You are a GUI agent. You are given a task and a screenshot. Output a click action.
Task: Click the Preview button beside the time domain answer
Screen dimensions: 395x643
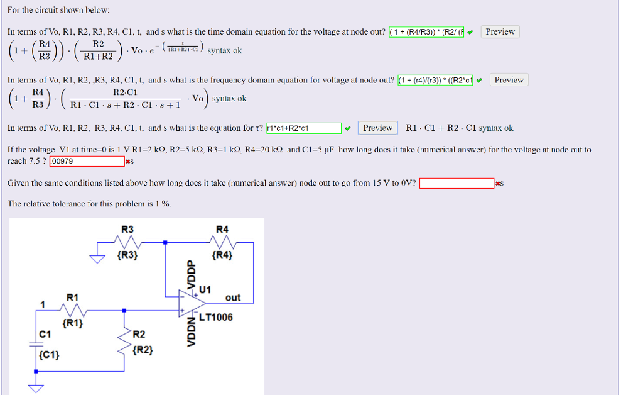(x=500, y=32)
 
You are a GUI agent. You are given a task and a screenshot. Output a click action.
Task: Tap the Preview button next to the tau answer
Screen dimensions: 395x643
(x=377, y=128)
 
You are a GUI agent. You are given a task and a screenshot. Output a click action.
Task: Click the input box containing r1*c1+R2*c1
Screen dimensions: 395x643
(x=304, y=128)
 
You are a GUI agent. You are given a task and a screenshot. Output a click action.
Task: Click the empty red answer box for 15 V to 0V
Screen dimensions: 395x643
(x=457, y=184)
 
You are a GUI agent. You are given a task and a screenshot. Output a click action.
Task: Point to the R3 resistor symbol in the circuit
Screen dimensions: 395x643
(x=127, y=243)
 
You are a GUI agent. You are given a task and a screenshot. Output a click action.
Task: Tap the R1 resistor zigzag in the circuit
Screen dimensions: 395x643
(x=73, y=310)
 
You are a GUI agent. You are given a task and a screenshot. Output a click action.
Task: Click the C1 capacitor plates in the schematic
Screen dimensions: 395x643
(x=36, y=344)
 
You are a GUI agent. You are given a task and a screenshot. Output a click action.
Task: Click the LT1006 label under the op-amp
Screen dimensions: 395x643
(x=215, y=318)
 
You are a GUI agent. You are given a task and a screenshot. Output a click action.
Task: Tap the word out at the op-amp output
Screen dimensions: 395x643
(x=232, y=298)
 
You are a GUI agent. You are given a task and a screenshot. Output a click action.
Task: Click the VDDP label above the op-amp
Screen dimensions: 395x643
(x=192, y=274)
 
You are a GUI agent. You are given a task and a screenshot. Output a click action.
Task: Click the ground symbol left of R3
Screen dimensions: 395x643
(x=97, y=257)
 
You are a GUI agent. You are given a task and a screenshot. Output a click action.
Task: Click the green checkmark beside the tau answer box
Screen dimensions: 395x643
(x=348, y=128)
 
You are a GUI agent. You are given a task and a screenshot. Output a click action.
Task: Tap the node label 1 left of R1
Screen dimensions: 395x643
(x=42, y=304)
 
